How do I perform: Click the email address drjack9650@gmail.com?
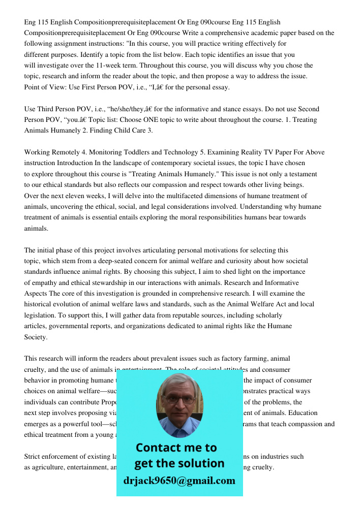click(179, 480)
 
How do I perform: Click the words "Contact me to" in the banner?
click(176, 448)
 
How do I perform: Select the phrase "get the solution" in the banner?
click(179, 463)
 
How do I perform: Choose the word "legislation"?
click(41, 315)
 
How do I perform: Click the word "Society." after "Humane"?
click(36, 337)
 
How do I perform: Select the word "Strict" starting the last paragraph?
click(33, 456)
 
